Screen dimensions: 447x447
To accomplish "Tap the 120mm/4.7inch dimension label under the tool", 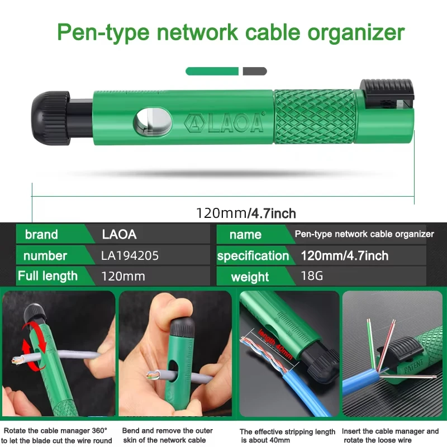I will click(246, 213).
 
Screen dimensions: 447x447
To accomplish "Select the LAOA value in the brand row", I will click(120, 234).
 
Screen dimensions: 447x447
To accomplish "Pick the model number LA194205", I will click(130, 256).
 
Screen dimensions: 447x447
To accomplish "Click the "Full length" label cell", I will click(47, 276).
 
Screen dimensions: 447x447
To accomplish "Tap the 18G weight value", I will click(312, 276).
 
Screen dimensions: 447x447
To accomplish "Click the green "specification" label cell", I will click(253, 256).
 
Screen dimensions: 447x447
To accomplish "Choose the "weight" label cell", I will click(250, 277).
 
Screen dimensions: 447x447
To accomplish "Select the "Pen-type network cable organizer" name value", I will click(364, 234).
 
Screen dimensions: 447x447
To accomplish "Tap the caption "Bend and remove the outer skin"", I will click(167, 435).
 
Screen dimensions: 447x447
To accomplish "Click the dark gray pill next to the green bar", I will click(255, 71).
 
